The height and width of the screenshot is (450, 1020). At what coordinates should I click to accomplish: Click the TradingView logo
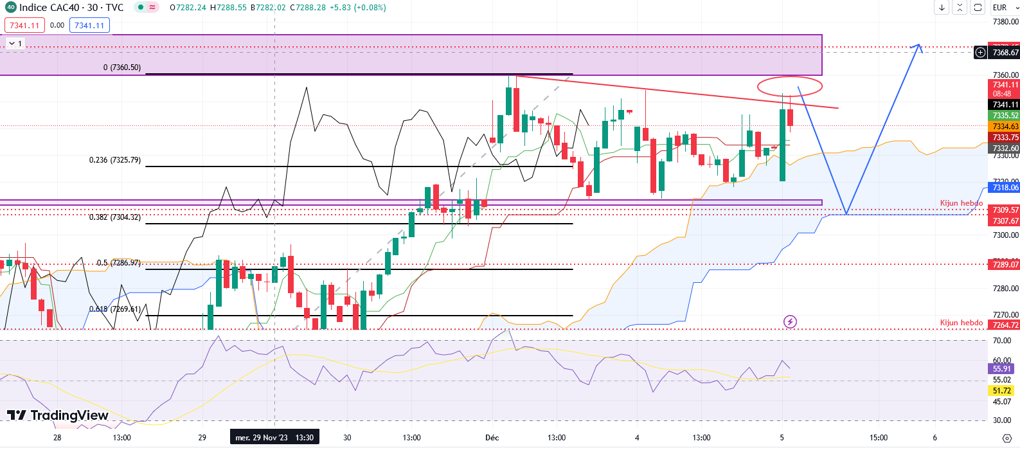58,415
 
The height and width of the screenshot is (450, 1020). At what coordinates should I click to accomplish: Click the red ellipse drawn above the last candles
789,85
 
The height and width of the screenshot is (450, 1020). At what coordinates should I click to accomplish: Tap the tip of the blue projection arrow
919,45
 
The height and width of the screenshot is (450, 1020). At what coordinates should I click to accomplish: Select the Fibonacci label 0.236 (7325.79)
114,160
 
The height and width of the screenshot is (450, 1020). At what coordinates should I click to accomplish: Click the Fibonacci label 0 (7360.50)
122,67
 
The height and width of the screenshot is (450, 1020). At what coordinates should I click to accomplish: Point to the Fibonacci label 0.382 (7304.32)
114,217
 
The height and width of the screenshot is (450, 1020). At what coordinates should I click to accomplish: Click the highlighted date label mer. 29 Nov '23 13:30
274,438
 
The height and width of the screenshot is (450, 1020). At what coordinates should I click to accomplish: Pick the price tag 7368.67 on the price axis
1005,53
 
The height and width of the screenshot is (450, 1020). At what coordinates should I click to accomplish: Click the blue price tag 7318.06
1005,188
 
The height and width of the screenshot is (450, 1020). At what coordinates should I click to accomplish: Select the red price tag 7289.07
1005,265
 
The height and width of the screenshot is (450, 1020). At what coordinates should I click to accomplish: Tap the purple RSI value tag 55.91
1002,369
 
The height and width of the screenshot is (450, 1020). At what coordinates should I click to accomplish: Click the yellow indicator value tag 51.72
1002,391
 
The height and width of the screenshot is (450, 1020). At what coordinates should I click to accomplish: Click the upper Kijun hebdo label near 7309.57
961,203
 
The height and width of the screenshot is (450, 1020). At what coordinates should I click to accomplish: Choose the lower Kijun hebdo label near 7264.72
961,323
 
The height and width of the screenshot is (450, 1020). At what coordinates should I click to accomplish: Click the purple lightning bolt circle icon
790,321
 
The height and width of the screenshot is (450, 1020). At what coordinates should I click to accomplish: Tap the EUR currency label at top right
999,8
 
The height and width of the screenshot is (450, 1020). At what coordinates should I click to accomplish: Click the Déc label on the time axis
492,438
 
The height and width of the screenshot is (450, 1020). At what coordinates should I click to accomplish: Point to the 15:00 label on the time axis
879,438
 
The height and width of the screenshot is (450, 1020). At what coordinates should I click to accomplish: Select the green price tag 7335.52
1005,116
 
